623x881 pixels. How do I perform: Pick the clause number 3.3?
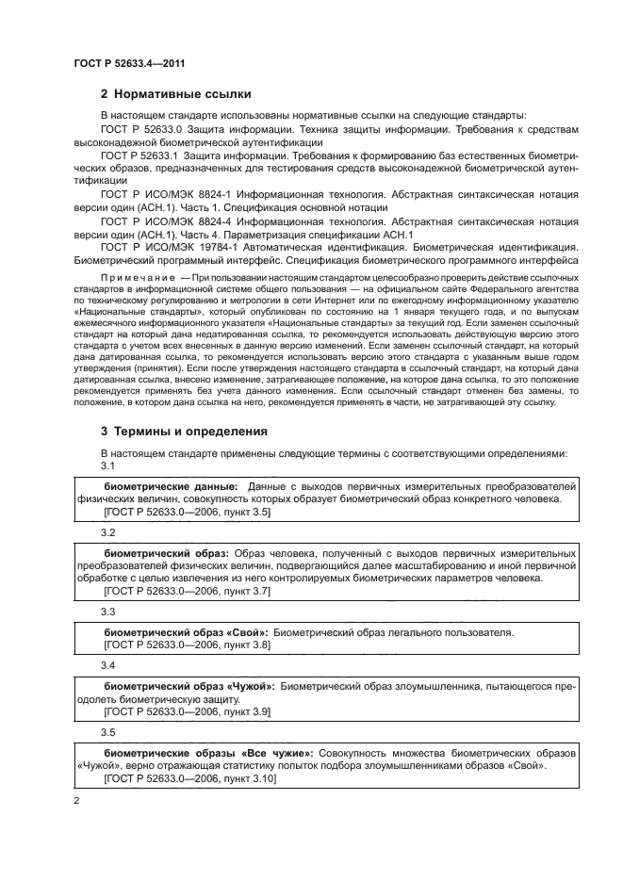coord(107,612)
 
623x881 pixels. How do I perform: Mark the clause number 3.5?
coord(107,731)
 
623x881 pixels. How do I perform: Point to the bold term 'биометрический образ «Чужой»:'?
coord(189,688)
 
